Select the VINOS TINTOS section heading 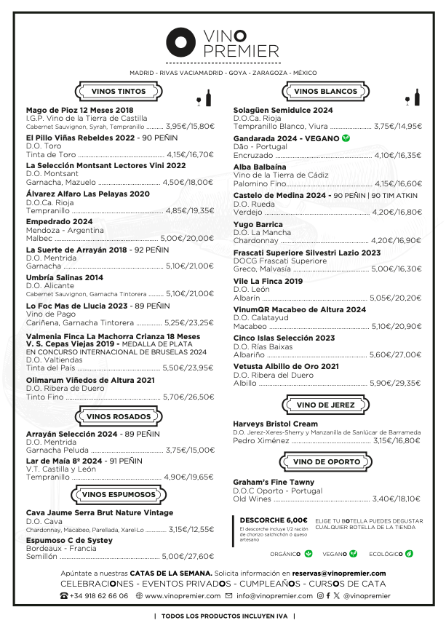(118, 92)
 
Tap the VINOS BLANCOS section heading (325, 92)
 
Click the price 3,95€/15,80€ (190, 126)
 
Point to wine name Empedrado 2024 (59, 221)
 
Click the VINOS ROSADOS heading (119, 416)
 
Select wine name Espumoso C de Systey (69, 541)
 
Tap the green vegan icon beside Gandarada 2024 (346, 138)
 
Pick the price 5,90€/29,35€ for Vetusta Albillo (396, 382)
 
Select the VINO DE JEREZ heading (325, 405)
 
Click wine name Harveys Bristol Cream (275, 424)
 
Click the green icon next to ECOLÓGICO (409, 553)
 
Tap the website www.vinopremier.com (183, 595)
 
